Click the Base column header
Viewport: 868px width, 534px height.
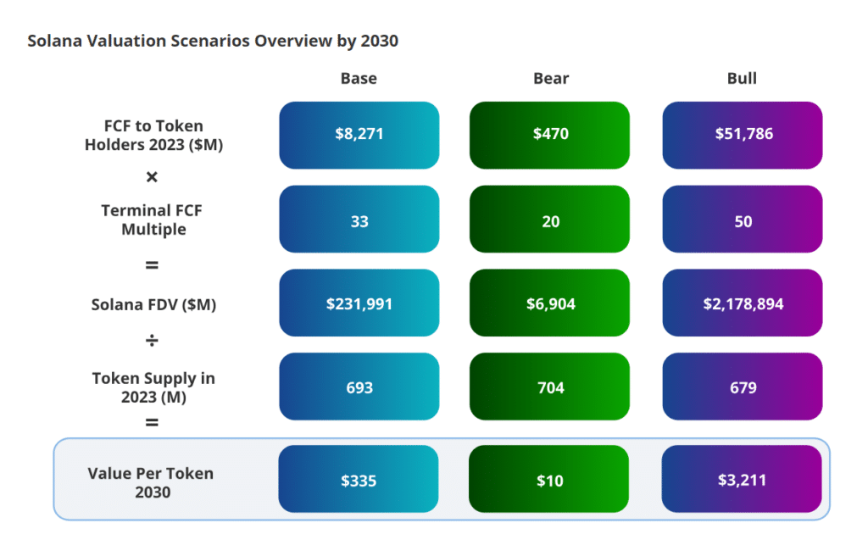tap(359, 79)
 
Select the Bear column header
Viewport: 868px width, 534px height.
tap(551, 79)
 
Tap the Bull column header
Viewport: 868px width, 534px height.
tap(742, 79)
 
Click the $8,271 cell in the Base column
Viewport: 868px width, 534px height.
tap(359, 135)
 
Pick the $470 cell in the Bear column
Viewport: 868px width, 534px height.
tap(551, 135)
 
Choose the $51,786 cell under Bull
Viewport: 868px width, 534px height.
tap(742, 135)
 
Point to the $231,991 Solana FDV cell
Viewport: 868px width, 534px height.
tap(359, 303)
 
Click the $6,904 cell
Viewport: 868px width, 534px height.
tap(551, 303)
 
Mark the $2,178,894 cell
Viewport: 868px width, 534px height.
tap(742, 303)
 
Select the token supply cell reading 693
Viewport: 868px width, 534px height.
tap(359, 387)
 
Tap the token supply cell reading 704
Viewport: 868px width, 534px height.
tap(551, 387)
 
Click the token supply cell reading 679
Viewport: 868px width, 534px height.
tap(742, 387)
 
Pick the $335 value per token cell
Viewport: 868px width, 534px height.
tap(359, 480)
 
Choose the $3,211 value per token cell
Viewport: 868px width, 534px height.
tap(742, 480)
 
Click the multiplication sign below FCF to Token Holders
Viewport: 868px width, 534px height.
tap(153, 177)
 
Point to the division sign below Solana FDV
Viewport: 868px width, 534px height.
tap(153, 341)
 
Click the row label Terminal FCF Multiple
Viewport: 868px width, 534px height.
tap(153, 220)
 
